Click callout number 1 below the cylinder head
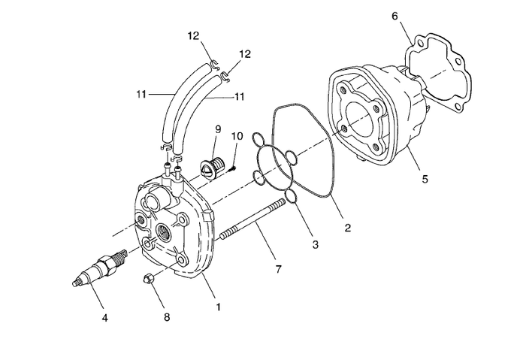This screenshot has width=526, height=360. click(x=219, y=307)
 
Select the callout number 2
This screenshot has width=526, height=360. click(x=346, y=226)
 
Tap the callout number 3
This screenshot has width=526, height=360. click(x=316, y=244)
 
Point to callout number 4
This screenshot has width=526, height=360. click(x=105, y=318)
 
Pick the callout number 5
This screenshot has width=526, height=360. click(x=425, y=180)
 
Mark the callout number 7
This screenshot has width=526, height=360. click(x=278, y=268)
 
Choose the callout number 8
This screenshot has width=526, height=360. click(x=167, y=318)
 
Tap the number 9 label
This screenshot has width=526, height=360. click(x=217, y=129)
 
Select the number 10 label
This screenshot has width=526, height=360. click(x=237, y=136)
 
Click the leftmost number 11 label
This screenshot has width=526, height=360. click(x=142, y=94)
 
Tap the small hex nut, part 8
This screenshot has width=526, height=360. click(x=150, y=280)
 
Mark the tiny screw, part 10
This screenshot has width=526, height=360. click(x=234, y=168)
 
